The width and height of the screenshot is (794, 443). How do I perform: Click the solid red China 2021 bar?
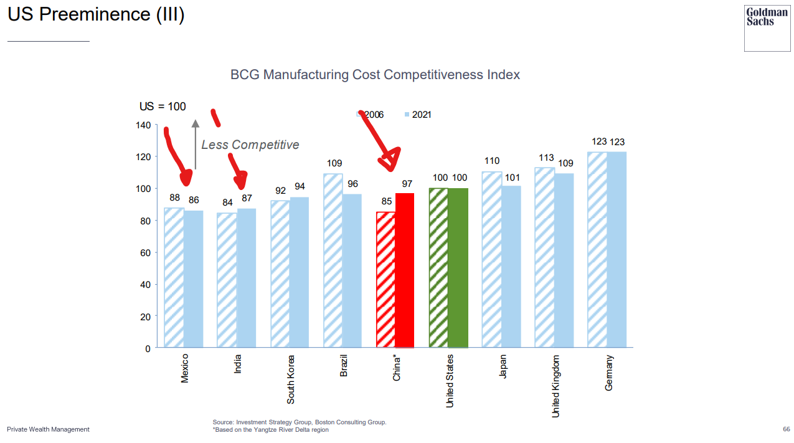(405, 270)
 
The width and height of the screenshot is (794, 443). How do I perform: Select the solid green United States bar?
(458, 268)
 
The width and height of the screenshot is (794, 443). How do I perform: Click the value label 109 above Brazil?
(334, 163)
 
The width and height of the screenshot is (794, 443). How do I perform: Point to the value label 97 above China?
(407, 183)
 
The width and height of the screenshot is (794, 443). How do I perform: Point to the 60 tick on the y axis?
(145, 253)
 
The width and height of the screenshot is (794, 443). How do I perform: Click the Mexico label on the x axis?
(184, 368)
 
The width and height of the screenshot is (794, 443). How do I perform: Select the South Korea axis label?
(290, 379)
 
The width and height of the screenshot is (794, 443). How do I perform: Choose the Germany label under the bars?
(609, 373)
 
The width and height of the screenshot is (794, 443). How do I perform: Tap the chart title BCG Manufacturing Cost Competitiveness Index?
(375, 75)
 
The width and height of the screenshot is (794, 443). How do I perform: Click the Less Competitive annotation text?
(250, 145)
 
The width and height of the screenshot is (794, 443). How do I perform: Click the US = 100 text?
(163, 107)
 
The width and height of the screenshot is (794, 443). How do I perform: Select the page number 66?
(786, 429)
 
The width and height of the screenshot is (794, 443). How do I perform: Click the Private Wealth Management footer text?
(48, 429)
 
